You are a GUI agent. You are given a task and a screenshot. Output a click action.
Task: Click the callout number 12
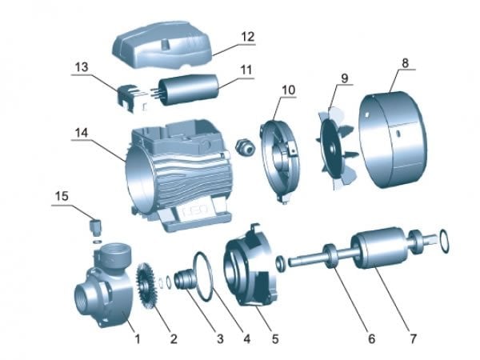point(248,37)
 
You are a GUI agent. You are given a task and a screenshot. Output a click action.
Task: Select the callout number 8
point(405,63)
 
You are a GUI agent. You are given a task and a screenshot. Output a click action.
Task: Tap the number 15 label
point(62,196)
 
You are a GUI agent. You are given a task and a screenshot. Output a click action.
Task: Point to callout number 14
point(82,133)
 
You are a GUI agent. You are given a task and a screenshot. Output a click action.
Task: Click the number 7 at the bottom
point(414,339)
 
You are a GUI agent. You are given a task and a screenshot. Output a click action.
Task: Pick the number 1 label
point(138,339)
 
